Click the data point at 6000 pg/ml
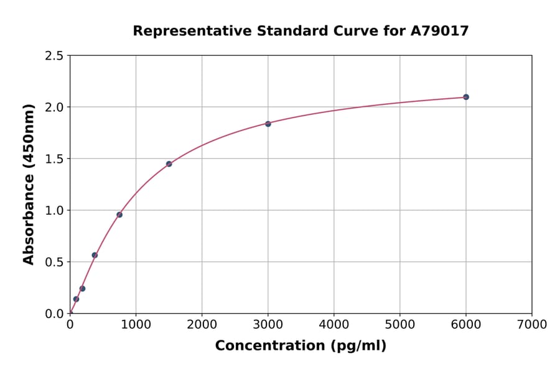465,97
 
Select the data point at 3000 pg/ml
268,124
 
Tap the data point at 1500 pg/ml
169,164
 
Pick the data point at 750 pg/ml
119,215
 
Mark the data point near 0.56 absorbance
95,255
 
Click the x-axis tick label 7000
531,324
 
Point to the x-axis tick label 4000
334,324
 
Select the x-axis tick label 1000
136,324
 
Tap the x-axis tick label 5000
399,324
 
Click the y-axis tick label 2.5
54,56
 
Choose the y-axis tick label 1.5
54,159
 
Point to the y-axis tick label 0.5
54,262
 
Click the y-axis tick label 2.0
54,107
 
